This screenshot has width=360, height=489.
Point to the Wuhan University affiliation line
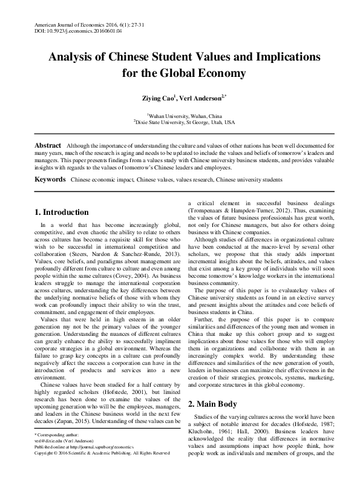(180, 114)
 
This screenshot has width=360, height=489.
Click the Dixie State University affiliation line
(180, 122)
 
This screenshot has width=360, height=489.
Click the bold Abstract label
(47, 146)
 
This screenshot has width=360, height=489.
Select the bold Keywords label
(50, 180)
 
